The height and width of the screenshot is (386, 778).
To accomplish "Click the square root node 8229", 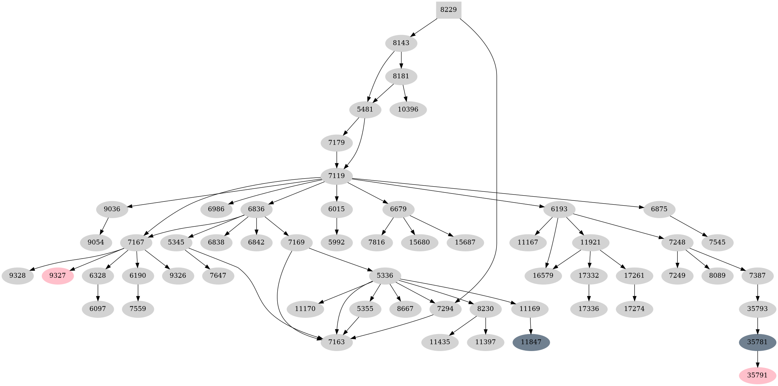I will (x=448, y=10).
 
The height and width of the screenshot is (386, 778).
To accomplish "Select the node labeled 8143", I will (x=401, y=43).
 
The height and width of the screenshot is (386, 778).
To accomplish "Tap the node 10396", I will (x=408, y=109).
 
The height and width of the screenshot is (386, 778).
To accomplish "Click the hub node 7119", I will (x=337, y=176).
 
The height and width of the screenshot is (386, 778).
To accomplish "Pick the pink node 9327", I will (x=58, y=276).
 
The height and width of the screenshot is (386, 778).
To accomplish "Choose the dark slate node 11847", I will (x=531, y=342).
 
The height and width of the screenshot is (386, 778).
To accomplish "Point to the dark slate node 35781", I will (x=757, y=342).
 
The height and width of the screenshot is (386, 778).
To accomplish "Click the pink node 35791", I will (x=757, y=376).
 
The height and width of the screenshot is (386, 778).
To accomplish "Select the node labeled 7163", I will (x=337, y=342).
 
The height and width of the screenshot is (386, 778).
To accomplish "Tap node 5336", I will (x=385, y=276).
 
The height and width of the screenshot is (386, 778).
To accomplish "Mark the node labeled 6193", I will (x=559, y=209).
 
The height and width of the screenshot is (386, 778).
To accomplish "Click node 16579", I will (x=543, y=276).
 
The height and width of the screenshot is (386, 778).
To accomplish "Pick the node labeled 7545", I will (x=717, y=242).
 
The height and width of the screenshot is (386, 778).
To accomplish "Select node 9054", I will (x=96, y=242).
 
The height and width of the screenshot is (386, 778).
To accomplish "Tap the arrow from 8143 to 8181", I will (x=401, y=60).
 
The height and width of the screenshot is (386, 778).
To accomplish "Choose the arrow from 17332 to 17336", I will (x=589, y=292).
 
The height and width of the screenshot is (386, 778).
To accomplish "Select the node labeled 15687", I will (x=465, y=242).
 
